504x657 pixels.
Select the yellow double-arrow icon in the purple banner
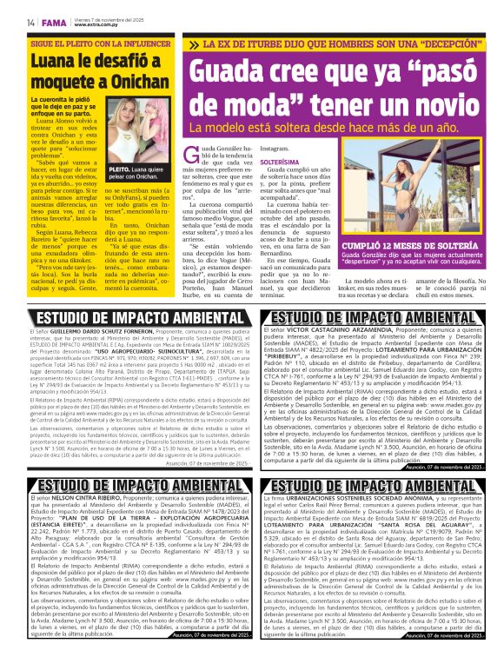[196, 44]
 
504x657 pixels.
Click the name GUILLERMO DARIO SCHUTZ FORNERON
[103, 331]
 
